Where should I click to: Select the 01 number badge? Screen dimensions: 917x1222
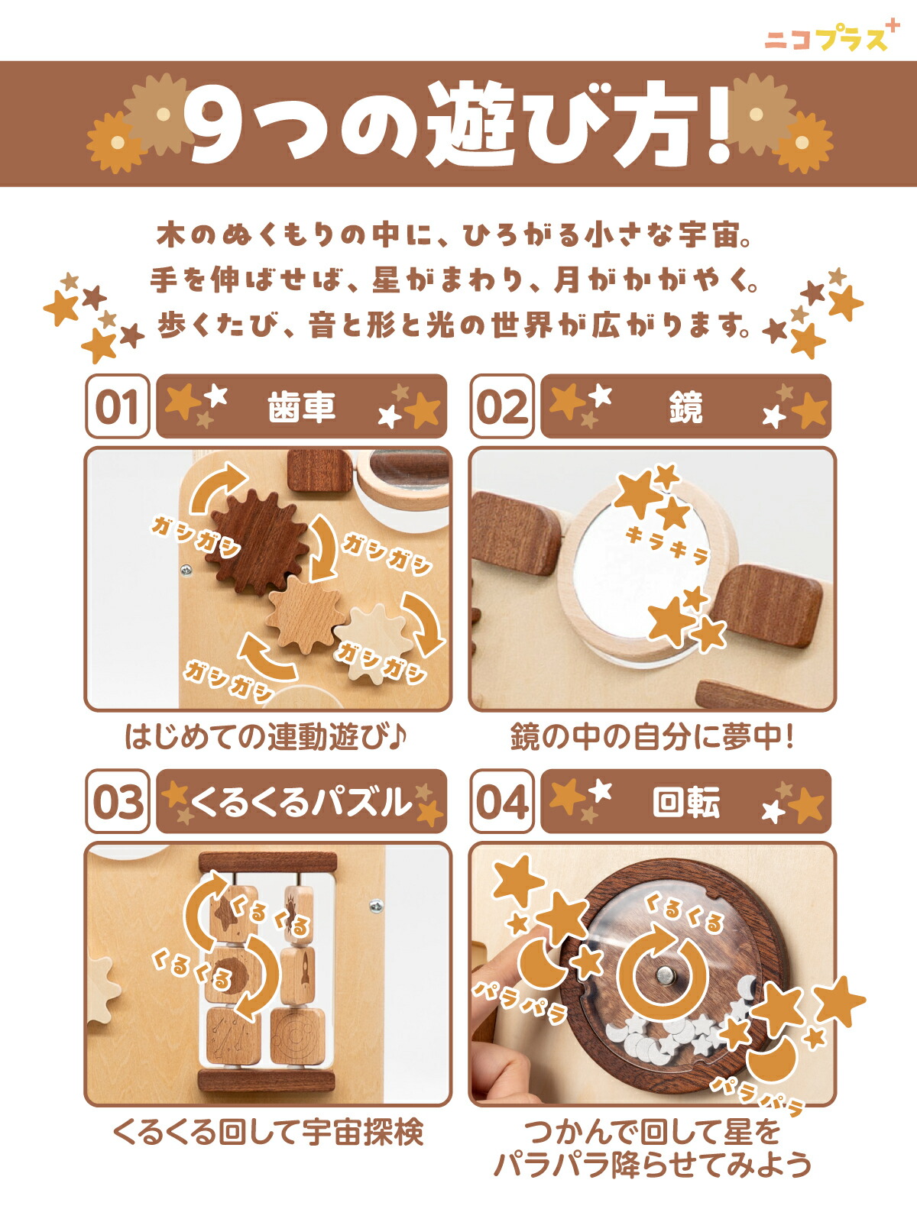pos(118,406)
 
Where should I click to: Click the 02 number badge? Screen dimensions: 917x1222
pos(501,406)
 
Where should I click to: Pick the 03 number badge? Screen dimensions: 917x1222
pos(118,801)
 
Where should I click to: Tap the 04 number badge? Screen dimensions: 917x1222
pos(501,801)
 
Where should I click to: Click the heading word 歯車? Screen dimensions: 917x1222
pos(301,407)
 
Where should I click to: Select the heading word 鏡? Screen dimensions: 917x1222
pos(686,407)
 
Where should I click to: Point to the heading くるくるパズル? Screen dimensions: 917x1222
pos(300,802)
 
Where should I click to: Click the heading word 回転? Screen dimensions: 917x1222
pos(686,802)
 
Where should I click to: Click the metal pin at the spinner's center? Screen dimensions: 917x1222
pos(663,974)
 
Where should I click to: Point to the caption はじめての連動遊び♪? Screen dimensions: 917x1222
pos(266,736)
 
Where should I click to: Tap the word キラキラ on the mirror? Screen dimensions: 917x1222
pos(668,545)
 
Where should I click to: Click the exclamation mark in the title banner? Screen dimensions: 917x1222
pos(718,126)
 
